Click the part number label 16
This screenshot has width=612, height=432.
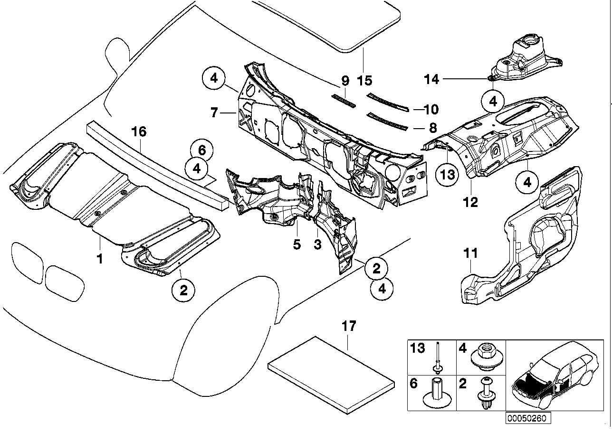tap(139, 131)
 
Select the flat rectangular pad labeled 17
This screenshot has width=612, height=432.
tap(331, 370)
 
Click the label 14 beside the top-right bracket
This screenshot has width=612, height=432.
tap(431, 79)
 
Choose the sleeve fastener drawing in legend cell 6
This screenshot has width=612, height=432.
tap(436, 394)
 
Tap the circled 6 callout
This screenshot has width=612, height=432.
tap(201, 151)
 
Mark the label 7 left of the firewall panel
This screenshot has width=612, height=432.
tap(214, 113)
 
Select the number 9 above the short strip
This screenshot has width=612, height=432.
tap(345, 81)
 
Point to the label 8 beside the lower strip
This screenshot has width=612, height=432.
tap(431, 127)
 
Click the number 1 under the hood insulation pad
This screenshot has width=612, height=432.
tap(100, 259)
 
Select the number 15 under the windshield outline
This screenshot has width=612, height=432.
tap(365, 80)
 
